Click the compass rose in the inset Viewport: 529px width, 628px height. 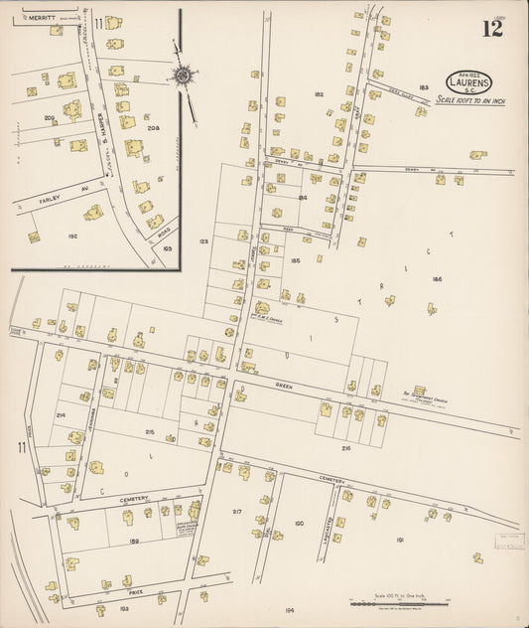pos(184,76)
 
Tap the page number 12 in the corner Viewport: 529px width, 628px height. pos(492,28)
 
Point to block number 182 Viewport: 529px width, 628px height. pos(319,94)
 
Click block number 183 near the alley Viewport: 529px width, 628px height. pos(424,87)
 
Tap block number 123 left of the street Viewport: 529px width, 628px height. pos(204,241)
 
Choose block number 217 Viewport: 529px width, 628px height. pos(237,511)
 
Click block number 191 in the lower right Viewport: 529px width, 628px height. pos(399,540)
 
